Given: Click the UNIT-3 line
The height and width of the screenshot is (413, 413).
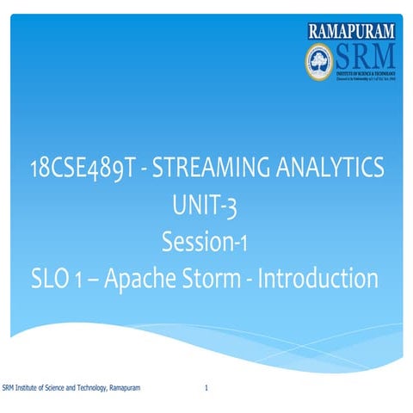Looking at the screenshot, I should click(206, 206).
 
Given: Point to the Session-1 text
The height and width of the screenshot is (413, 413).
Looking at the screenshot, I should click(206, 242).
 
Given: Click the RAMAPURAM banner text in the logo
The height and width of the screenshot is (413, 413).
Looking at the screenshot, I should click(352, 32).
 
